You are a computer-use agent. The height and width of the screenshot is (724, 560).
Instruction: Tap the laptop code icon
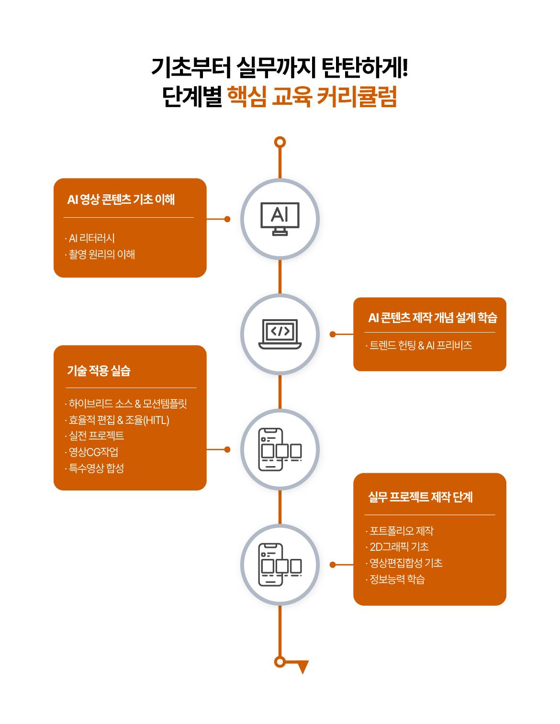(280, 334)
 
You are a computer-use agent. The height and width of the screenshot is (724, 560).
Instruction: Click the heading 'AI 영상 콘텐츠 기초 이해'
(121, 199)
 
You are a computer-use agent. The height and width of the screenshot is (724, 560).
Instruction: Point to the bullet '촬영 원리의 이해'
(102, 254)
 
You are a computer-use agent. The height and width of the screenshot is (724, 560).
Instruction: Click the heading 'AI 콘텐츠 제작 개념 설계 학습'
(433, 317)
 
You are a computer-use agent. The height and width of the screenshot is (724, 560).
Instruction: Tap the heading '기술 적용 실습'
(99, 370)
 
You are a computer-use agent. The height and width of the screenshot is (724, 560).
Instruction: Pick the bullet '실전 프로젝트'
(96, 435)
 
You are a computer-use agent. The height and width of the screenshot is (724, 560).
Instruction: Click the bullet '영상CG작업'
(93, 452)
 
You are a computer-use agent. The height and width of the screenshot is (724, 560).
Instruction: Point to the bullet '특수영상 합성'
(96, 468)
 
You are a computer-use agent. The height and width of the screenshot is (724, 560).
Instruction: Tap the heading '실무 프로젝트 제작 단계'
(420, 497)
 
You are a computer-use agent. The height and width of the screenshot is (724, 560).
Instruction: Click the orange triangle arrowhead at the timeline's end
(302, 666)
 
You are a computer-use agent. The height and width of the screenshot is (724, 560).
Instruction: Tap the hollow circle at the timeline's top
(280, 142)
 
